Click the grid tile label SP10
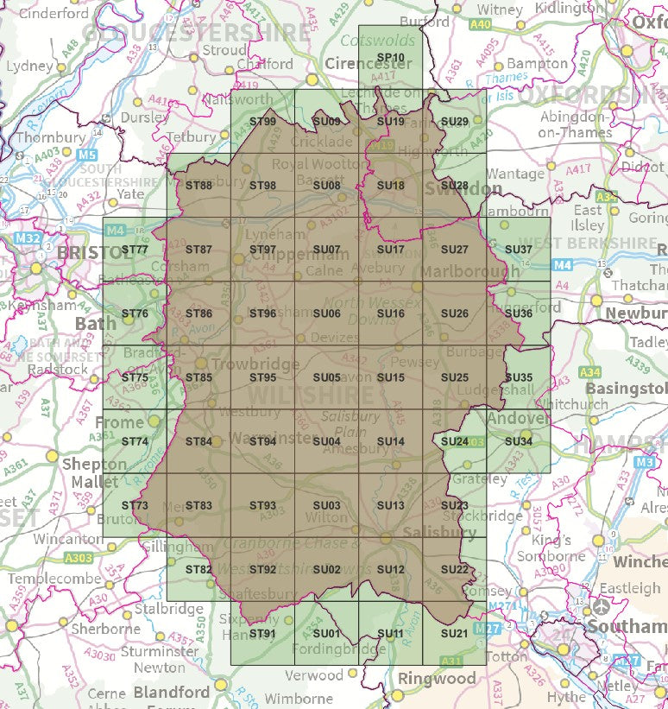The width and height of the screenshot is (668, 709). coord(390,59)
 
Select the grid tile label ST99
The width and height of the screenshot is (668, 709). coord(262,122)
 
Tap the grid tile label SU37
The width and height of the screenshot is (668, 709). coord(518,250)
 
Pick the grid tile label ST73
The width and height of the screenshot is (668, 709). coord(135,505)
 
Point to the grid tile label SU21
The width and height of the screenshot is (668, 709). coord(454,634)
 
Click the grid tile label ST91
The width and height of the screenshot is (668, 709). coord(262,634)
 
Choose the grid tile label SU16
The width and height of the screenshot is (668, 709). coord(390,313)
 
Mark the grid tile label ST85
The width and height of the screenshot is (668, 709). coord(199,377)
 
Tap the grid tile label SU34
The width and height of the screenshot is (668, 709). coord(518,441)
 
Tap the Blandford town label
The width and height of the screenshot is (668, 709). coord(171,693)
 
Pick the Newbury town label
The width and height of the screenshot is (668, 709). coord(637,313)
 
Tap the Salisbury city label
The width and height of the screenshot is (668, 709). coord(438,532)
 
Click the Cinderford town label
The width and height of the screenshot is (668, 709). coord(54,14)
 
